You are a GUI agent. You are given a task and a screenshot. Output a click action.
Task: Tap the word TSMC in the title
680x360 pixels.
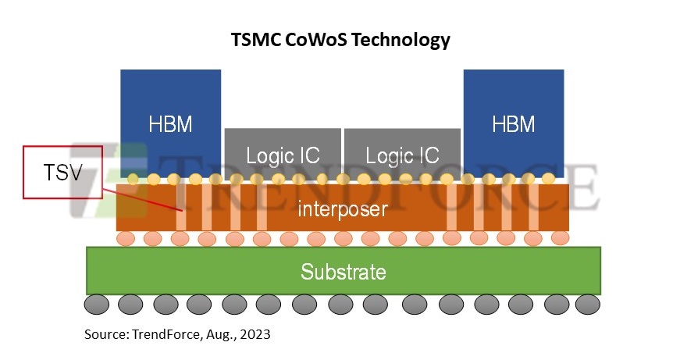[256, 40]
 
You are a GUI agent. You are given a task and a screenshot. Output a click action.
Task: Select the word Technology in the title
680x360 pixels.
[401, 41]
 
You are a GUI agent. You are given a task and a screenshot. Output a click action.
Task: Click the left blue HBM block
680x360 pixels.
[170, 123]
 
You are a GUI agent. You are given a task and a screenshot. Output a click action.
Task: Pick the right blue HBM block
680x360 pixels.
[514, 123]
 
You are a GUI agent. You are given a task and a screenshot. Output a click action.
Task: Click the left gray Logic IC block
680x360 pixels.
[283, 154]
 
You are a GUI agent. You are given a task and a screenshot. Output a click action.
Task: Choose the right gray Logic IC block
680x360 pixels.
[402, 154]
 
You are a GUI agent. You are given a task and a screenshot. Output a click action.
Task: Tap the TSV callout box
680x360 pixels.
[63, 173]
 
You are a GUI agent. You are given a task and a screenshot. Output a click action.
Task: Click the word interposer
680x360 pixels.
[343, 209]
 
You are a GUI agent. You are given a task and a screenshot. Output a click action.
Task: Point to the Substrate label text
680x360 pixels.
[343, 272]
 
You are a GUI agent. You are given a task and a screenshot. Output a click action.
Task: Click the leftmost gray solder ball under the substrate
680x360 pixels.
[97, 304]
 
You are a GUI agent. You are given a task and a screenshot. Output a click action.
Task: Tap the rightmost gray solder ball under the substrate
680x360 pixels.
[588, 304]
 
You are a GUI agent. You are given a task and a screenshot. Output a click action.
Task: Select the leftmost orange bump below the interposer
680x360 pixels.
[126, 238]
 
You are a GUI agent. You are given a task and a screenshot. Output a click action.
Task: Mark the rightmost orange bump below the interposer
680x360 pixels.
[560, 238]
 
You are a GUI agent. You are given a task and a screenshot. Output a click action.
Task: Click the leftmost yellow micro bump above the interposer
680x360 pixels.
[133, 179]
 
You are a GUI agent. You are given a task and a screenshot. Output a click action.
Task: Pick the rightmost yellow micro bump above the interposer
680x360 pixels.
[548, 178]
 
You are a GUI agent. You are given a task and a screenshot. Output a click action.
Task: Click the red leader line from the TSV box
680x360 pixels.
[142, 200]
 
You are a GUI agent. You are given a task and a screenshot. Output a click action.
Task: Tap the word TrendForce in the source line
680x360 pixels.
[166, 334]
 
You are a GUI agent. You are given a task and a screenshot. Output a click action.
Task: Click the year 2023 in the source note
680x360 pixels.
[255, 334]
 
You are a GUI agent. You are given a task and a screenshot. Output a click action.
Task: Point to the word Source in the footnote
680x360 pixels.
[106, 334]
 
